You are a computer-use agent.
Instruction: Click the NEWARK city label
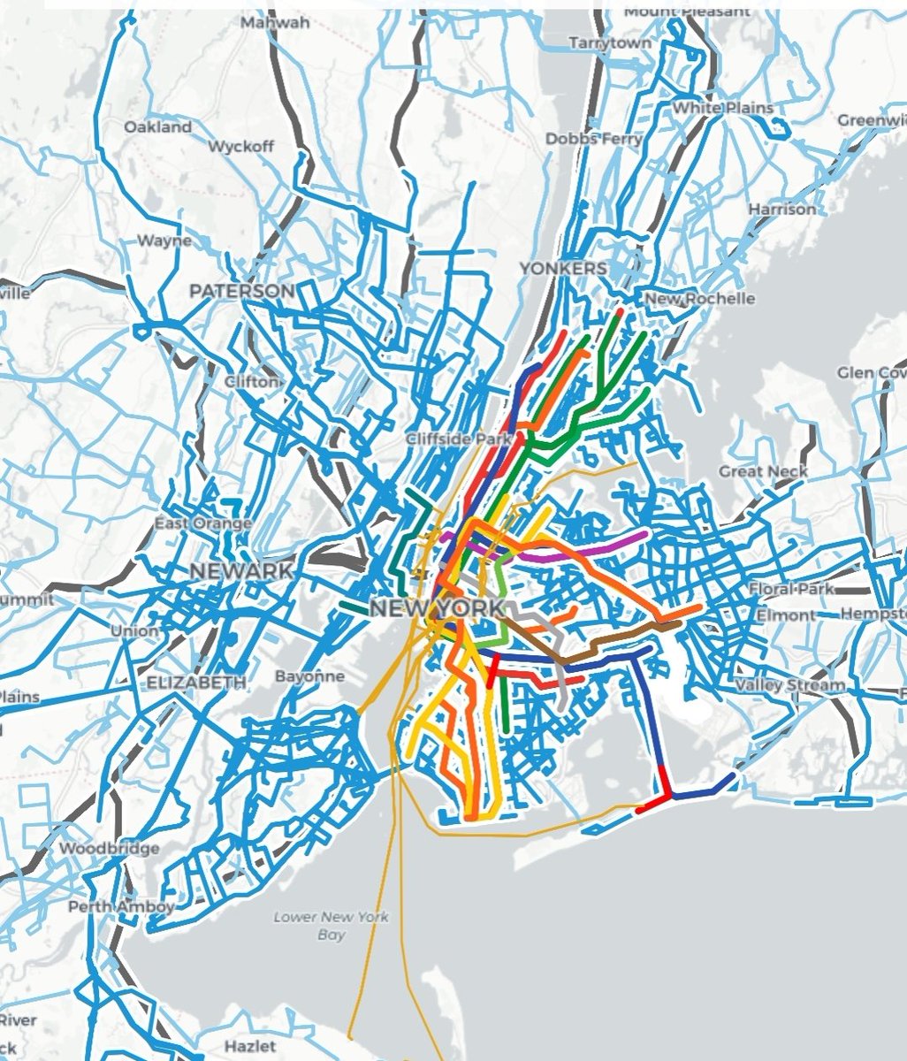241,571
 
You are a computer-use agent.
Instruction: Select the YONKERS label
563,268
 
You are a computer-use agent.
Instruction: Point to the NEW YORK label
436,608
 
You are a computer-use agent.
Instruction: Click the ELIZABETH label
196,683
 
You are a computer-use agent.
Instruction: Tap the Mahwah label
275,22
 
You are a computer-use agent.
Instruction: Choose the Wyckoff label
240,146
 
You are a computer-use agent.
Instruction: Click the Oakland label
157,127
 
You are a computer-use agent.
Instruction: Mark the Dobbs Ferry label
593,139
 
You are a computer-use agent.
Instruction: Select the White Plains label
723,108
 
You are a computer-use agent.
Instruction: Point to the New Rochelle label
700,299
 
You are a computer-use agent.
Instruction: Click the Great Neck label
764,471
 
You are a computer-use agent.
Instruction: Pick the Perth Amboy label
121,906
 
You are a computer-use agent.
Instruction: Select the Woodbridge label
110,849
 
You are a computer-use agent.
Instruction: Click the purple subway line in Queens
610,544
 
